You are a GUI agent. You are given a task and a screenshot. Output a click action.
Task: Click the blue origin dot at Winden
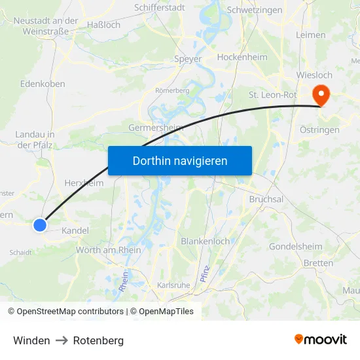click(40, 225)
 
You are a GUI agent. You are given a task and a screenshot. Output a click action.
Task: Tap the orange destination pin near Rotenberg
click(321, 96)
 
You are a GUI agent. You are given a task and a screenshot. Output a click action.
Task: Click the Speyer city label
click(188, 59)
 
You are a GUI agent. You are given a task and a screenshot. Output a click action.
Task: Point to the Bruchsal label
click(266, 199)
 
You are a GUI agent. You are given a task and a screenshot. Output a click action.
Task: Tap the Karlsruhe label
click(173, 285)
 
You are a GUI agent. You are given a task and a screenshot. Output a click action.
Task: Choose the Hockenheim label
click(242, 57)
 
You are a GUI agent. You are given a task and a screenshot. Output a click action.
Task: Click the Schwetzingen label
click(254, 10)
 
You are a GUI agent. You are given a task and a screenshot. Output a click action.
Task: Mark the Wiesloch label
click(314, 75)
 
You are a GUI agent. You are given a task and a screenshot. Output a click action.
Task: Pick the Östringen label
click(319, 130)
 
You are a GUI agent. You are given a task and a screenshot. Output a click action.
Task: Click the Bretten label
click(318, 263)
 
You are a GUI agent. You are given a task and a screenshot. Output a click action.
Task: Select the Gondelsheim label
click(295, 247)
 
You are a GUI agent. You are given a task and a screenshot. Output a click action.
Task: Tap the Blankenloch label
click(205, 241)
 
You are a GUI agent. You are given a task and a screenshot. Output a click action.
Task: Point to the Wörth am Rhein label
click(109, 249)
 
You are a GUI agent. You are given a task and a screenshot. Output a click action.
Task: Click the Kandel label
click(75, 231)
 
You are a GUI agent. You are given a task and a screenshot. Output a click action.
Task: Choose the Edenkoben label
click(43, 84)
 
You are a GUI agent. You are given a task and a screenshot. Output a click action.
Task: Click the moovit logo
click(321, 339)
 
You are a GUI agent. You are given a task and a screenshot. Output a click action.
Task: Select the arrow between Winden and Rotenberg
click(62, 340)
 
